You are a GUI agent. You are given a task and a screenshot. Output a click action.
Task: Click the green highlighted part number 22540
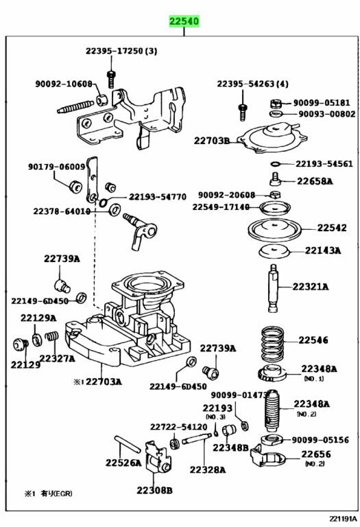coord(184,21)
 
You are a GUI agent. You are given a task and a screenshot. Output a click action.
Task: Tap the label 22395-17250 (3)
coord(121,51)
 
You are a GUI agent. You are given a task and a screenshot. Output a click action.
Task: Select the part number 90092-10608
coord(64,83)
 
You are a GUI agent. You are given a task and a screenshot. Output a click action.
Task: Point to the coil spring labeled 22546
coord(272,342)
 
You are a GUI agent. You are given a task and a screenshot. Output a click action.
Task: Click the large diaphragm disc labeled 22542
coord(274,230)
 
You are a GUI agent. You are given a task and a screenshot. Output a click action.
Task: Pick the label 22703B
coord(212,141)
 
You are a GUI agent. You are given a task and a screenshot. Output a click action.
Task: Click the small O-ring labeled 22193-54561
coord(275,164)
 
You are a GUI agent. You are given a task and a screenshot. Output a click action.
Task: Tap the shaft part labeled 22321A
coord(273,288)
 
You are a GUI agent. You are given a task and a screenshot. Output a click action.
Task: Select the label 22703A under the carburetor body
coord(104,382)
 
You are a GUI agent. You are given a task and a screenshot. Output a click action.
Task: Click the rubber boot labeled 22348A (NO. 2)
coord(272,410)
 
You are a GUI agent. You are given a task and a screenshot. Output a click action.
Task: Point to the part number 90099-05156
coord(320,440)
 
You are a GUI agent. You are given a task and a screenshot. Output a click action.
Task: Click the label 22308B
coord(154,491)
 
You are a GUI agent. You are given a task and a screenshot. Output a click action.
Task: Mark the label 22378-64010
coord(62,211)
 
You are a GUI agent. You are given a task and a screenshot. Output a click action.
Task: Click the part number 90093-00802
coord(327,114)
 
